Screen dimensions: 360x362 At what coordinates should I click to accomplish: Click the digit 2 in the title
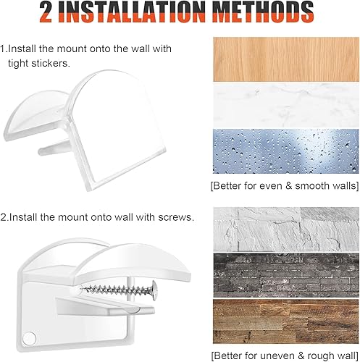[46, 12]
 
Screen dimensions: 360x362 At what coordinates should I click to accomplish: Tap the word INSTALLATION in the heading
[132, 12]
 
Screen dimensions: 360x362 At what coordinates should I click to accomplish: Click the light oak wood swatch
[286, 59]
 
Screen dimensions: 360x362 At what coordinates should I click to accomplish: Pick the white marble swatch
[286, 106]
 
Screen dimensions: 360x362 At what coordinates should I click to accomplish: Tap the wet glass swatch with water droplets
[286, 151]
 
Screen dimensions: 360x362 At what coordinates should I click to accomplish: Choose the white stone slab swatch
[286, 229]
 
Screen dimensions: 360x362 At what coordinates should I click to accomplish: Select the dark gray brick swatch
[286, 275]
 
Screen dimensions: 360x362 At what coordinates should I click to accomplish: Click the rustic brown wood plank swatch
[286, 321]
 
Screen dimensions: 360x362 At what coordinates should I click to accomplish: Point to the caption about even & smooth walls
[285, 186]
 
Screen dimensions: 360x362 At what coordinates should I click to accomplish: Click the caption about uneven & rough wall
[285, 355]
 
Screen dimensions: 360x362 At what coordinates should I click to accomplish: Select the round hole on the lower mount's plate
[29, 338]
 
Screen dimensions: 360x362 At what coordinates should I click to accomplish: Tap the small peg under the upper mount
[54, 148]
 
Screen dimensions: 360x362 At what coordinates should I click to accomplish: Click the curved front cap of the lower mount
[133, 263]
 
